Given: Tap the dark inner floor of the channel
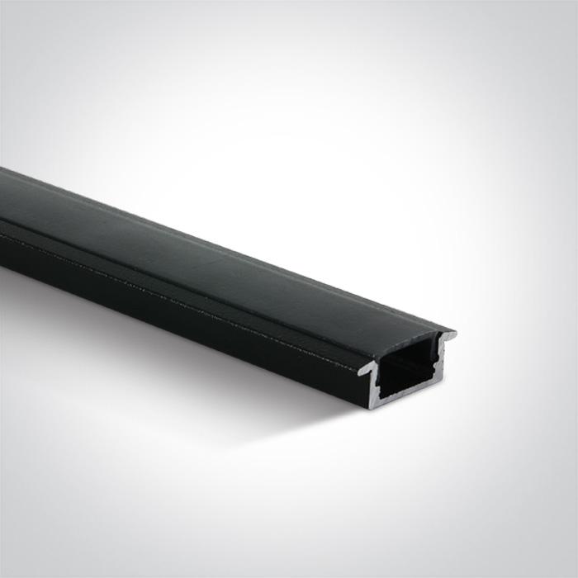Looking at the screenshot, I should (x=409, y=389).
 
